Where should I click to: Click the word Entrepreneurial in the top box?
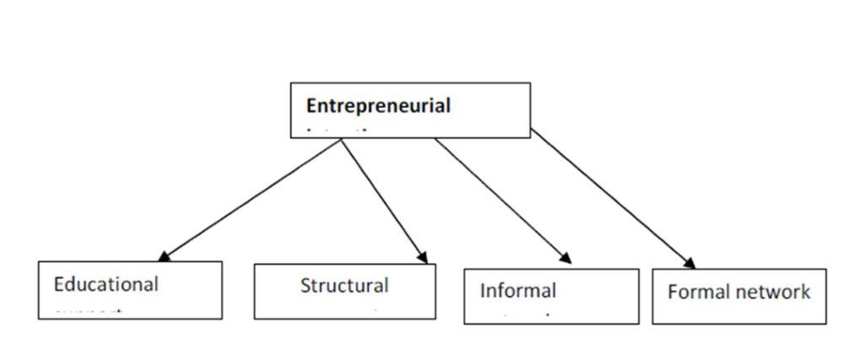[x=378, y=106]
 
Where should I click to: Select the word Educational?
[x=105, y=284]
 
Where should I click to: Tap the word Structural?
[x=344, y=286]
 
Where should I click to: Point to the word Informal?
[x=517, y=291]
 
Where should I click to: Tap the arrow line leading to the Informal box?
[x=501, y=199]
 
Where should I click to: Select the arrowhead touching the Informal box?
[x=566, y=257]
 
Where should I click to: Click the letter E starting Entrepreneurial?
[x=311, y=106]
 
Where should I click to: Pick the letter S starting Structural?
[x=306, y=286]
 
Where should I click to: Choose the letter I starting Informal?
[x=483, y=291]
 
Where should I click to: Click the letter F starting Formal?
[x=673, y=293]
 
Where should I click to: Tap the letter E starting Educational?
[x=59, y=284]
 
